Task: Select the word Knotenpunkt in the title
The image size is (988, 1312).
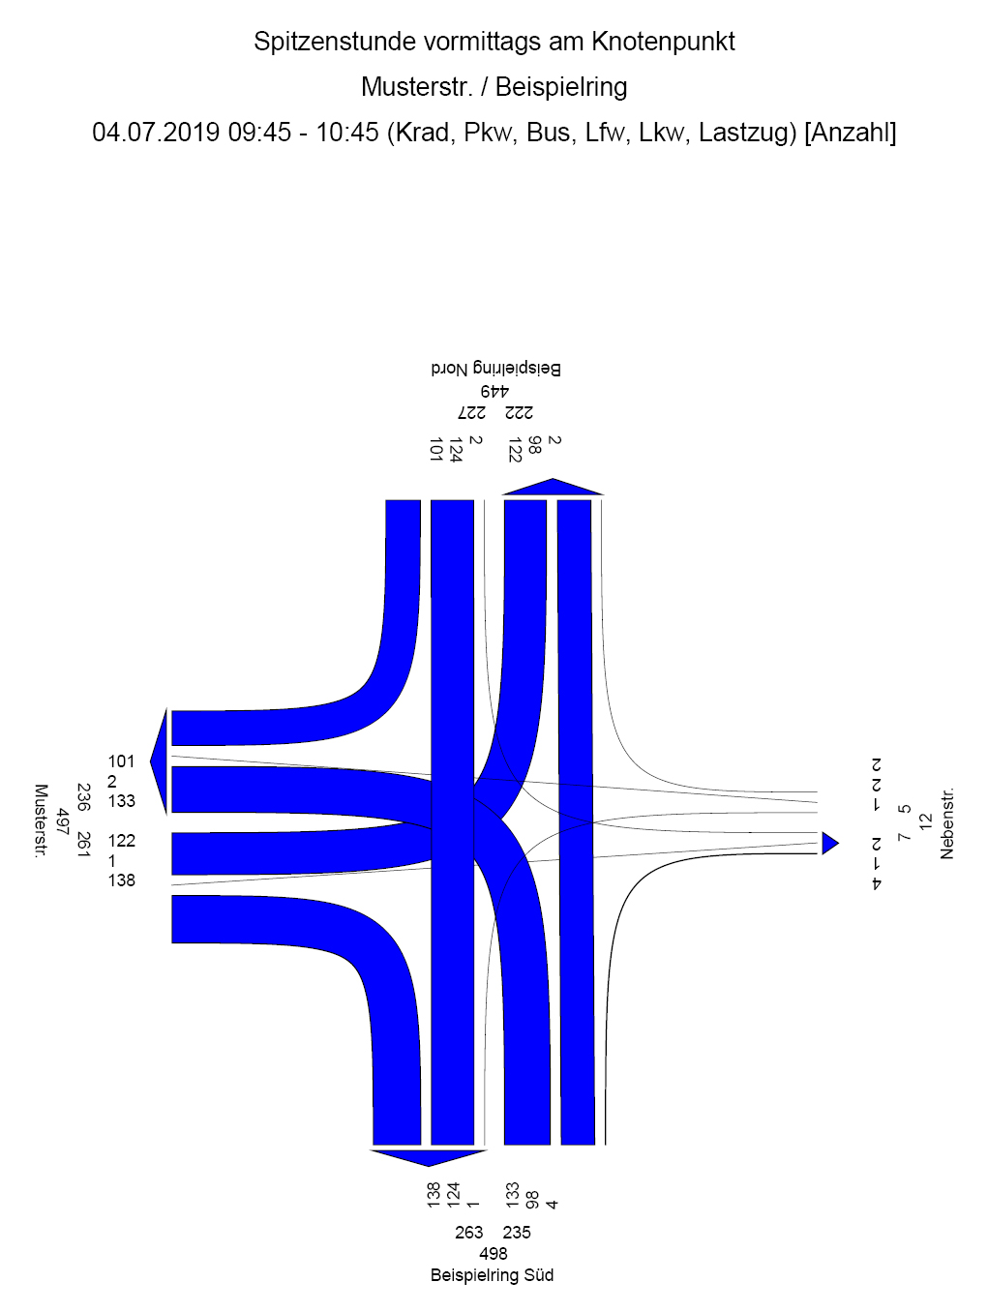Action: (x=663, y=42)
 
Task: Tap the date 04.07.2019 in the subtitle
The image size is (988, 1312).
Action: (x=156, y=133)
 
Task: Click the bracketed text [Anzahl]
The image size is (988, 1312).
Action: (x=851, y=133)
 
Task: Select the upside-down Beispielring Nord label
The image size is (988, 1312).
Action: (x=496, y=369)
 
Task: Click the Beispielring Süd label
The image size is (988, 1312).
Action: (x=492, y=1275)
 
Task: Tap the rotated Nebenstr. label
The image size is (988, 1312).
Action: (x=946, y=823)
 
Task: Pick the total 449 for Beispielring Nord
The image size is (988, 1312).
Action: (x=494, y=392)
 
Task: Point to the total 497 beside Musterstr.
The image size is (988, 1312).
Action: (x=62, y=821)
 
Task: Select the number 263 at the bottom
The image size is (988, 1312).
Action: (x=468, y=1232)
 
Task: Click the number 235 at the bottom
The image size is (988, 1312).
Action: (x=517, y=1232)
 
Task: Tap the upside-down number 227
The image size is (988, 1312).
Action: (x=471, y=413)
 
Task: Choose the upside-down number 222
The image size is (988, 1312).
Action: (x=519, y=413)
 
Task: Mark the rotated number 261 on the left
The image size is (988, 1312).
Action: (x=83, y=846)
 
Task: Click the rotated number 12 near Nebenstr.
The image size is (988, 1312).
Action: (x=925, y=821)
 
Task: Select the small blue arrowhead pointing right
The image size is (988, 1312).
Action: (x=830, y=844)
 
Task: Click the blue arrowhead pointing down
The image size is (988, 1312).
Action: (x=429, y=1158)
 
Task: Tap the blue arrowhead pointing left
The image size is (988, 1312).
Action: (x=159, y=762)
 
